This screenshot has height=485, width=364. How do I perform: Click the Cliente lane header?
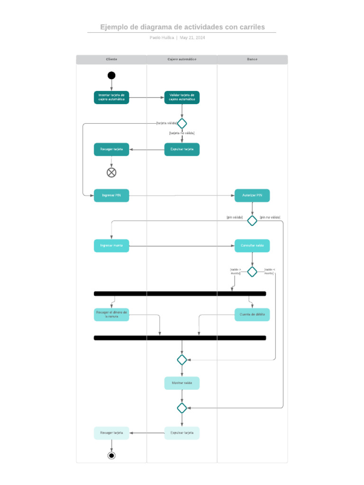[x=111, y=59]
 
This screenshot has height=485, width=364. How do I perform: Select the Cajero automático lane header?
[x=182, y=59]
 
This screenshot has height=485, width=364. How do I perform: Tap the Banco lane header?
[x=252, y=59]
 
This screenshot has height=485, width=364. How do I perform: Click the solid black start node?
[x=111, y=75]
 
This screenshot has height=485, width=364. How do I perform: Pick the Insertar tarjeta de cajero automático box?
[x=111, y=98]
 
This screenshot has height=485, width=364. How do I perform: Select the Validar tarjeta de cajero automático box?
[x=182, y=98]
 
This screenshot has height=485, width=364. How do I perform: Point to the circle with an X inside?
[x=111, y=172]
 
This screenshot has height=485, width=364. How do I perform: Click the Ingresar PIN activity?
[x=111, y=196]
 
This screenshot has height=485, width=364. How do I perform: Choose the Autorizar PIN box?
[x=252, y=196]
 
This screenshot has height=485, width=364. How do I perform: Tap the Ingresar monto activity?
[x=111, y=246]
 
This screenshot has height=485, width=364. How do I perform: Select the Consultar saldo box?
[x=252, y=246]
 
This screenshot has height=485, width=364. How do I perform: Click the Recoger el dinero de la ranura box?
[x=111, y=314]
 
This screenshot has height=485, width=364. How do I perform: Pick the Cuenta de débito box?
[x=252, y=314]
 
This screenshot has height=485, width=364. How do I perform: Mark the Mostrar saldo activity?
[x=182, y=383]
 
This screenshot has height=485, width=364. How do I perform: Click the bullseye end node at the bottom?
[x=111, y=456]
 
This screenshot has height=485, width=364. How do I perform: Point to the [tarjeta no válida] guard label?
[x=182, y=133]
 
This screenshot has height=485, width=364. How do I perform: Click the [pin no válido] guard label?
[x=270, y=217]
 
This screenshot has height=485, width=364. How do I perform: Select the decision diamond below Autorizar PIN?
[x=252, y=221]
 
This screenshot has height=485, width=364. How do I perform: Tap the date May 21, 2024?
[x=192, y=38]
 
